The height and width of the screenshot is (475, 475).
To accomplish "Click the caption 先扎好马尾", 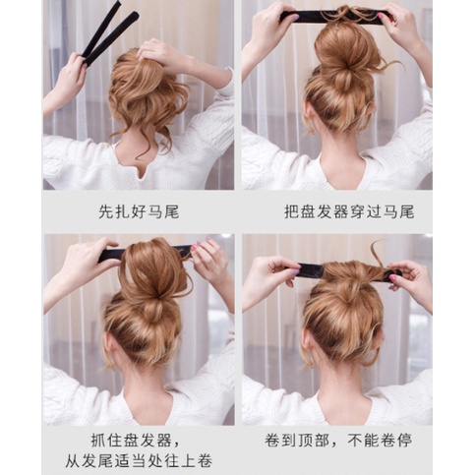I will click(x=139, y=210).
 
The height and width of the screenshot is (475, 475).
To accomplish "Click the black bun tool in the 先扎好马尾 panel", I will click(x=109, y=34).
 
